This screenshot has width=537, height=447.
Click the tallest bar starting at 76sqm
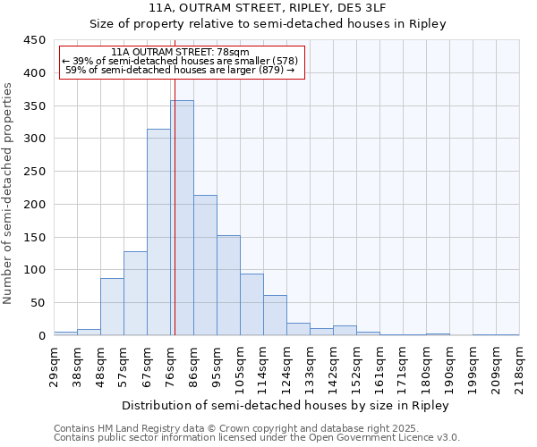click(182, 218)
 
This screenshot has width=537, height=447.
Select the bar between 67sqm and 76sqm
click(158, 232)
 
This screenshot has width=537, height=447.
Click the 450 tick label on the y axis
click(34, 40)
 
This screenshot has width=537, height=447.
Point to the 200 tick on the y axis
click(34, 205)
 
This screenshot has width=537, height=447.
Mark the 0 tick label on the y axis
click(41, 336)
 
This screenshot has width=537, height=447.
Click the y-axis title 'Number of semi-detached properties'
click(9, 193)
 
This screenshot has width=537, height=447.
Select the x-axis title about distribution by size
click(286, 405)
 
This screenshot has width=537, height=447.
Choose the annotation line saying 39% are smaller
click(179, 61)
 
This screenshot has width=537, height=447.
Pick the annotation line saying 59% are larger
click(180, 70)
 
